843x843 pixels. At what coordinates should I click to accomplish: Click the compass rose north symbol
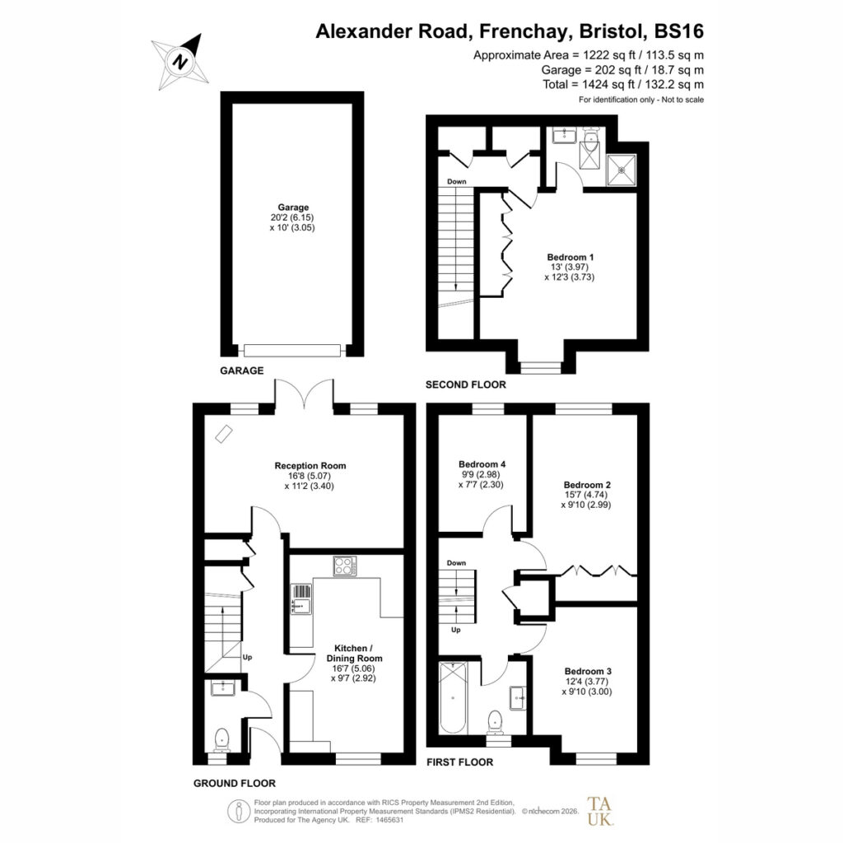pos(180,61)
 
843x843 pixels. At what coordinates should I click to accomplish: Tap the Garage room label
pos(293,207)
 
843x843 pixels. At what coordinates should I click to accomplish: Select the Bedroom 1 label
pos(570,257)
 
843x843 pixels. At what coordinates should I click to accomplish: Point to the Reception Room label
pos(310,466)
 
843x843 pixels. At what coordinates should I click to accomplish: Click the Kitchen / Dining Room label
pos(354,653)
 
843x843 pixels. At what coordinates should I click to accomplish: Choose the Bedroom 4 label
pos(482,464)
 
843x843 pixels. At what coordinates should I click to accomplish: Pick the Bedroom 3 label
pos(588,671)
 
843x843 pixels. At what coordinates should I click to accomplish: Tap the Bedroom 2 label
pos(587,484)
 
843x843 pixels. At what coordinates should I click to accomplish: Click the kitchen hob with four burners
pos(345,566)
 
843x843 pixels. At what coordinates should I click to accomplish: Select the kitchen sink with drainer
pos(301,599)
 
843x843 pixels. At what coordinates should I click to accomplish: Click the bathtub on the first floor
pos(453,698)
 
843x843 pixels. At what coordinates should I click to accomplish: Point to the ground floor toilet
pos(221,740)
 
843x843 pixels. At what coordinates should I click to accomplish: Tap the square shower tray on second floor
pos(622,170)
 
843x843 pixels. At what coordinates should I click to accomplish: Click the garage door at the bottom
pos(292,351)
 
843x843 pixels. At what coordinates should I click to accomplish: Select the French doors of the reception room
pos(305,393)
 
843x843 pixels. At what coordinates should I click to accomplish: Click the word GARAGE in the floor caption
pos(242,370)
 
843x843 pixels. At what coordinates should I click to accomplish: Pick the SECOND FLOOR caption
pos(466,384)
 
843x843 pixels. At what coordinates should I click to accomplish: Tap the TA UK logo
pos(600,811)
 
